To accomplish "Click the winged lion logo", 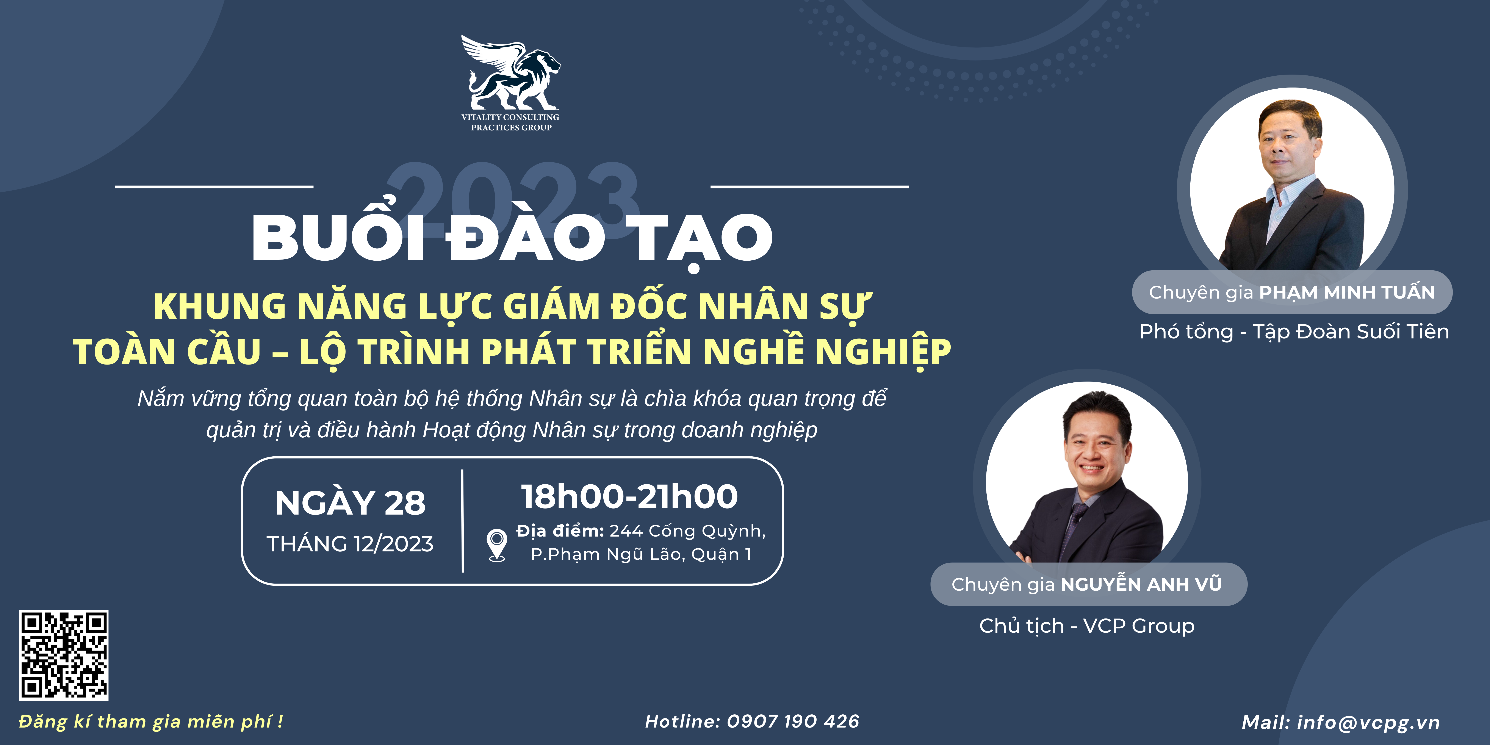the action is click(x=510, y=72).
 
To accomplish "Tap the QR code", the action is click(x=64, y=655).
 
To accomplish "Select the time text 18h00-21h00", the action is click(x=629, y=496).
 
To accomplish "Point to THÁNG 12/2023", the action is click(x=350, y=544).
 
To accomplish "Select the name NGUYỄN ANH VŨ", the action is click(x=1141, y=584).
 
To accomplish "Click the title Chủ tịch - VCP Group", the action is click(x=1087, y=626).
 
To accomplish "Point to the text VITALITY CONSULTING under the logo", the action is click(x=510, y=117).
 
